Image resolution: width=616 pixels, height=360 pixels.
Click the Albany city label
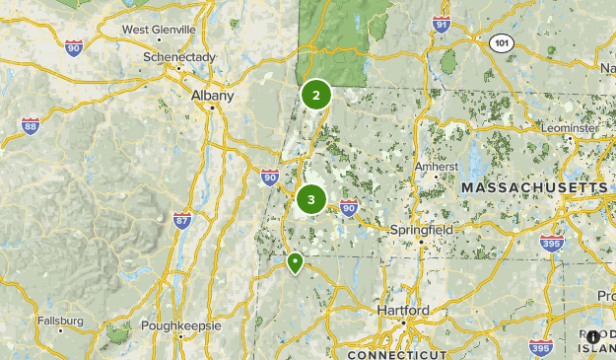[213, 96]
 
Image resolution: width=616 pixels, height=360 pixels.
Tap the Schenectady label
[177, 57]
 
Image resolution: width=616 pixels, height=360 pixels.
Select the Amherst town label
[437, 167]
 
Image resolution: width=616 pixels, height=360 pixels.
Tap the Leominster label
[570, 128]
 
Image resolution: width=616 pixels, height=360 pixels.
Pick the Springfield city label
[421, 229]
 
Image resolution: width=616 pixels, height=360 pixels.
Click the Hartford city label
[403, 311]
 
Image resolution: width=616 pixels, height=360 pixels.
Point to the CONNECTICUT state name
[397, 353]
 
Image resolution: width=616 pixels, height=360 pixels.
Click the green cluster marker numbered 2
[316, 96]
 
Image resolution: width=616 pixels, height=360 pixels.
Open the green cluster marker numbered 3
[311, 200]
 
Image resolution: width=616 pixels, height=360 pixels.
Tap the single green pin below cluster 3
[295, 262]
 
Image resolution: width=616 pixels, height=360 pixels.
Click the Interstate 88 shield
[31, 125]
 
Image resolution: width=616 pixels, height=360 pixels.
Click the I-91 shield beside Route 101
[442, 26]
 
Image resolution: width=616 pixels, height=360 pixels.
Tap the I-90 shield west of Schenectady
[73, 46]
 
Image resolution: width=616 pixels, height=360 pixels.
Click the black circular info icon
[592, 336]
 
